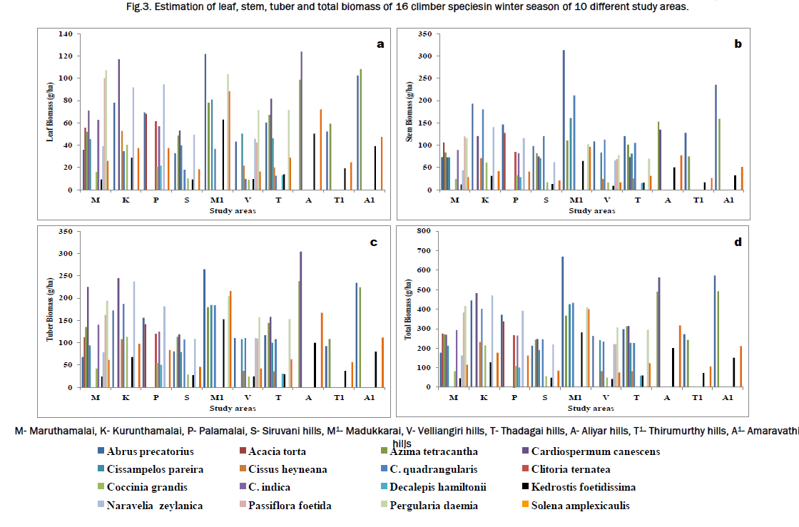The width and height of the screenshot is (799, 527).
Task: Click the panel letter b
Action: [738, 44]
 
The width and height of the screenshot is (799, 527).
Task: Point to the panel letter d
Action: [738, 242]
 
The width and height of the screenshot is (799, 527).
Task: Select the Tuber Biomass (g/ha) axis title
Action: [51, 309]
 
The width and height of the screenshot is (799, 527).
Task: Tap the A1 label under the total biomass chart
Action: [728, 398]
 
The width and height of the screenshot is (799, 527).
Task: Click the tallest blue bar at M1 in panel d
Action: [562, 322]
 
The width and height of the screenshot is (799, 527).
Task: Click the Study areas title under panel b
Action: [594, 211]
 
